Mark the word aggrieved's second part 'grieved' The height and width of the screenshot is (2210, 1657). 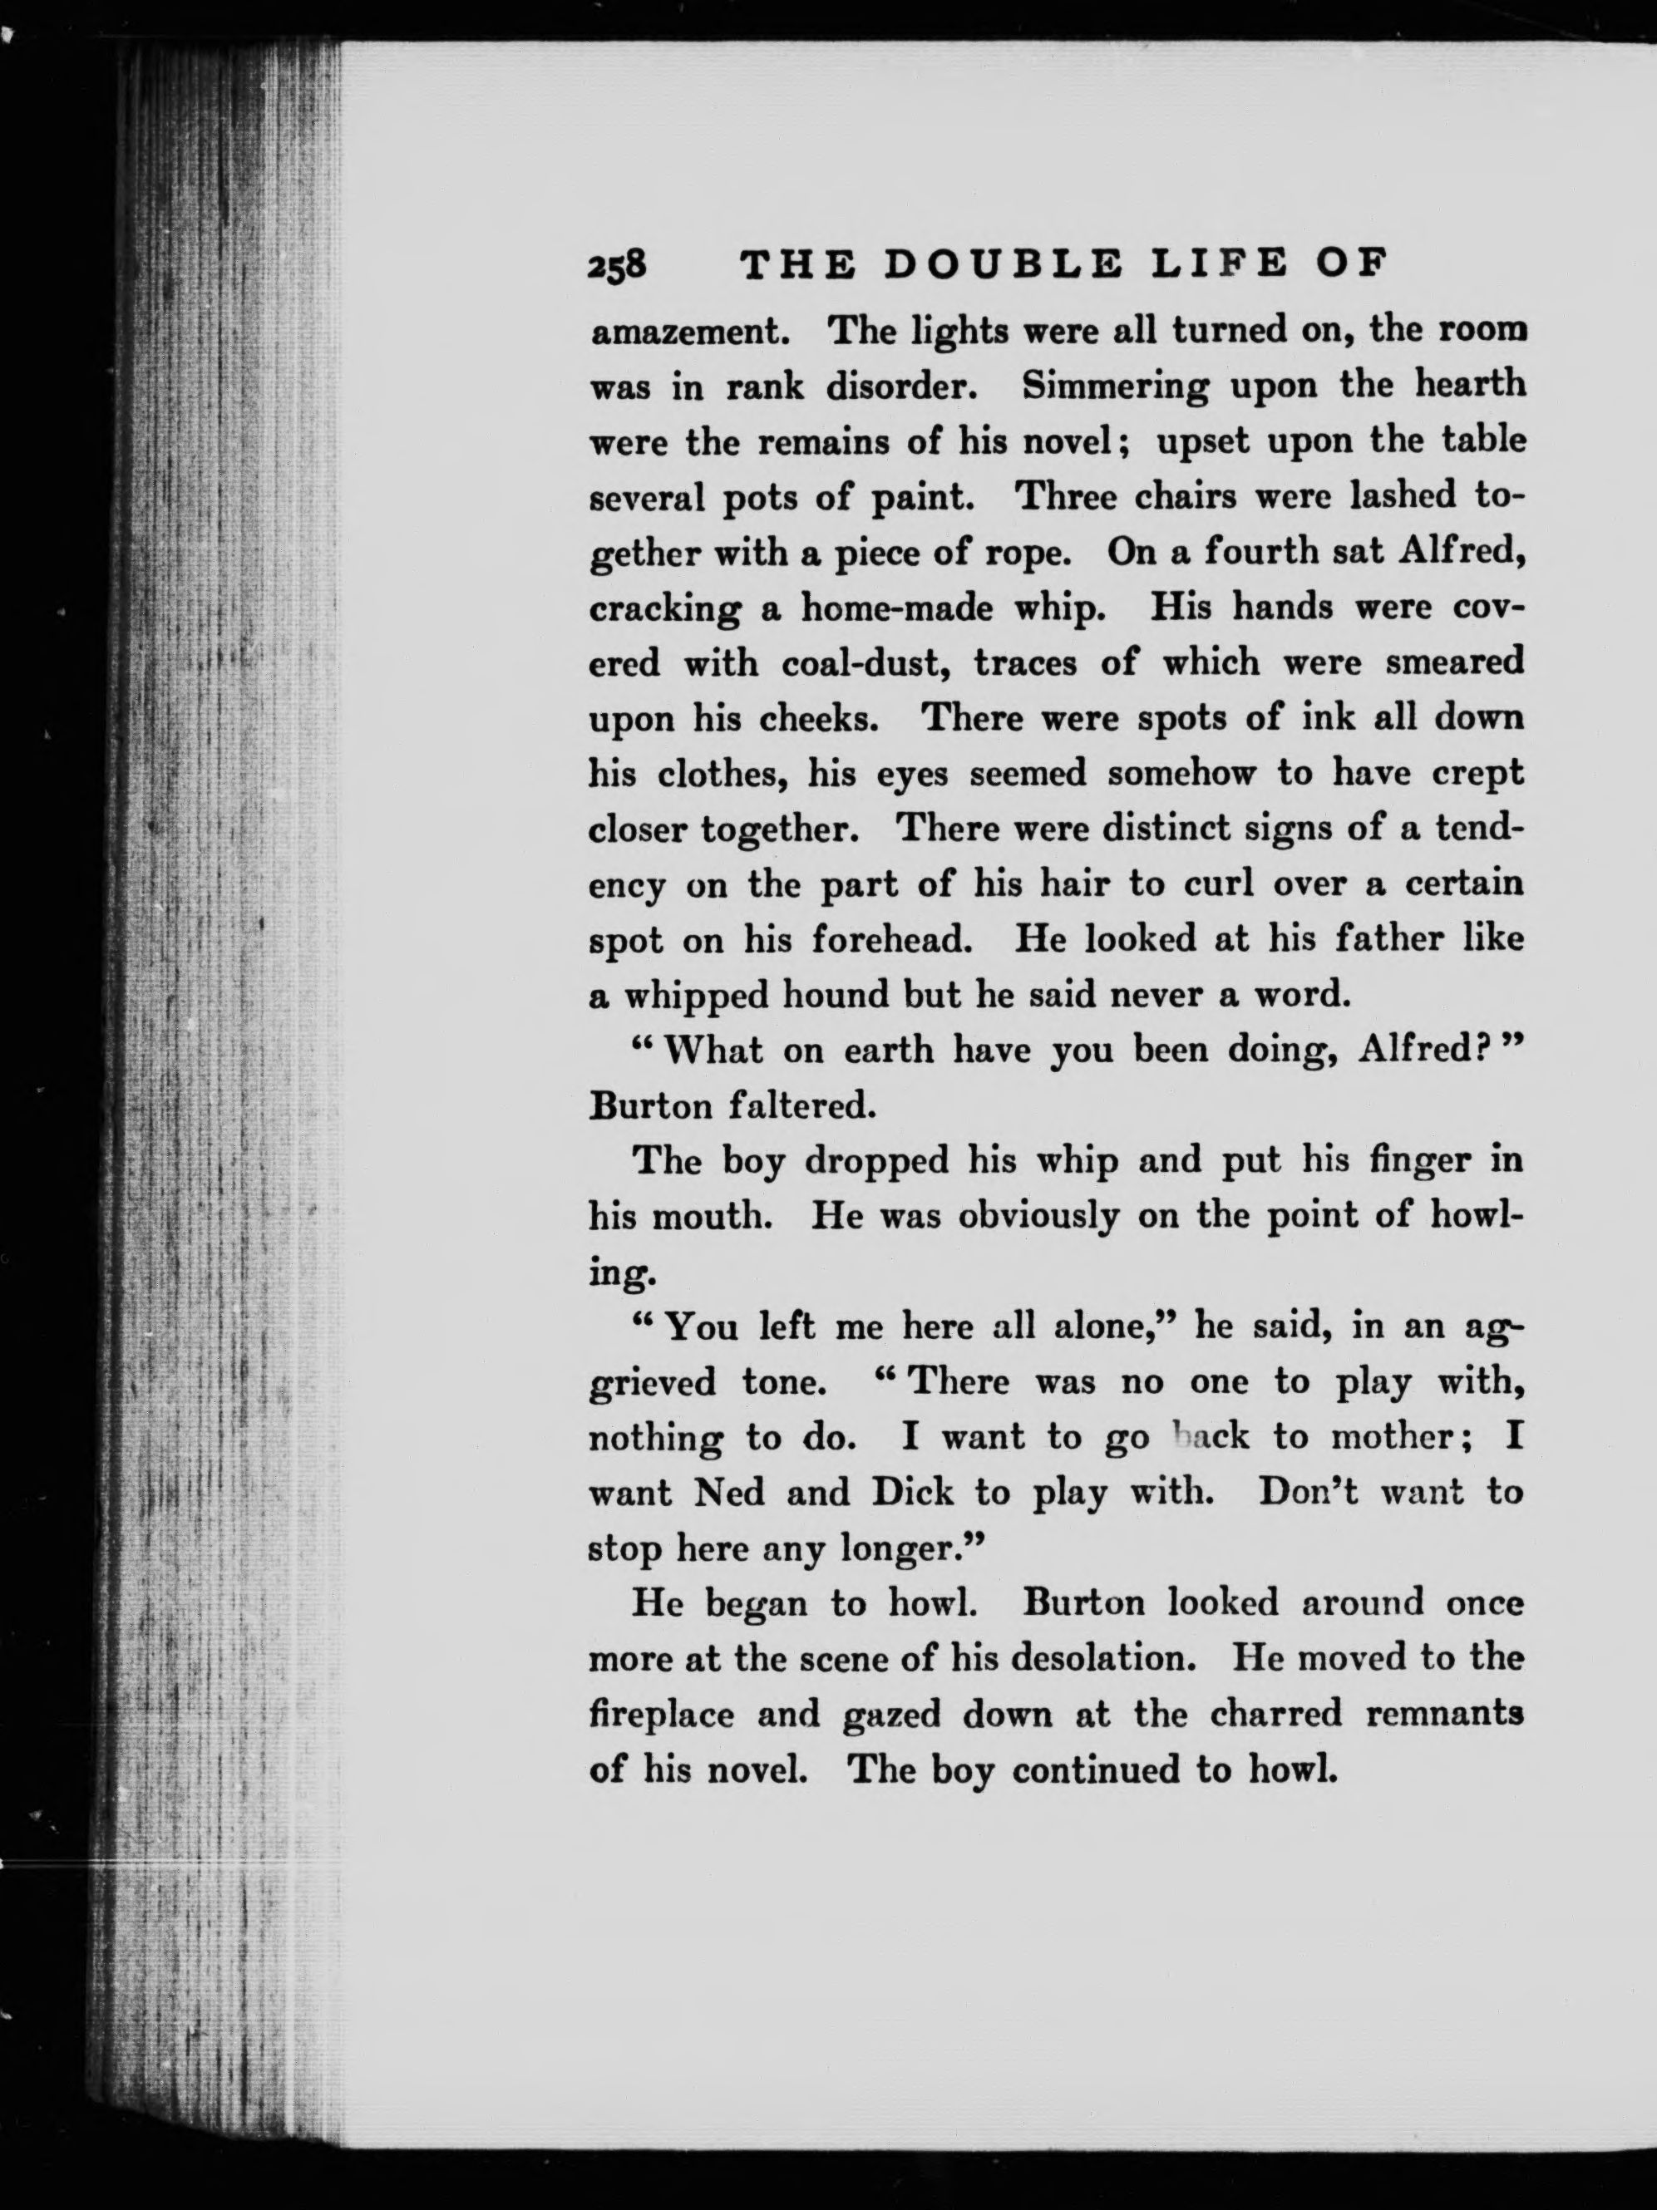[653, 1383]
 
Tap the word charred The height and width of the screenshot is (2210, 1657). [1275, 1715]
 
